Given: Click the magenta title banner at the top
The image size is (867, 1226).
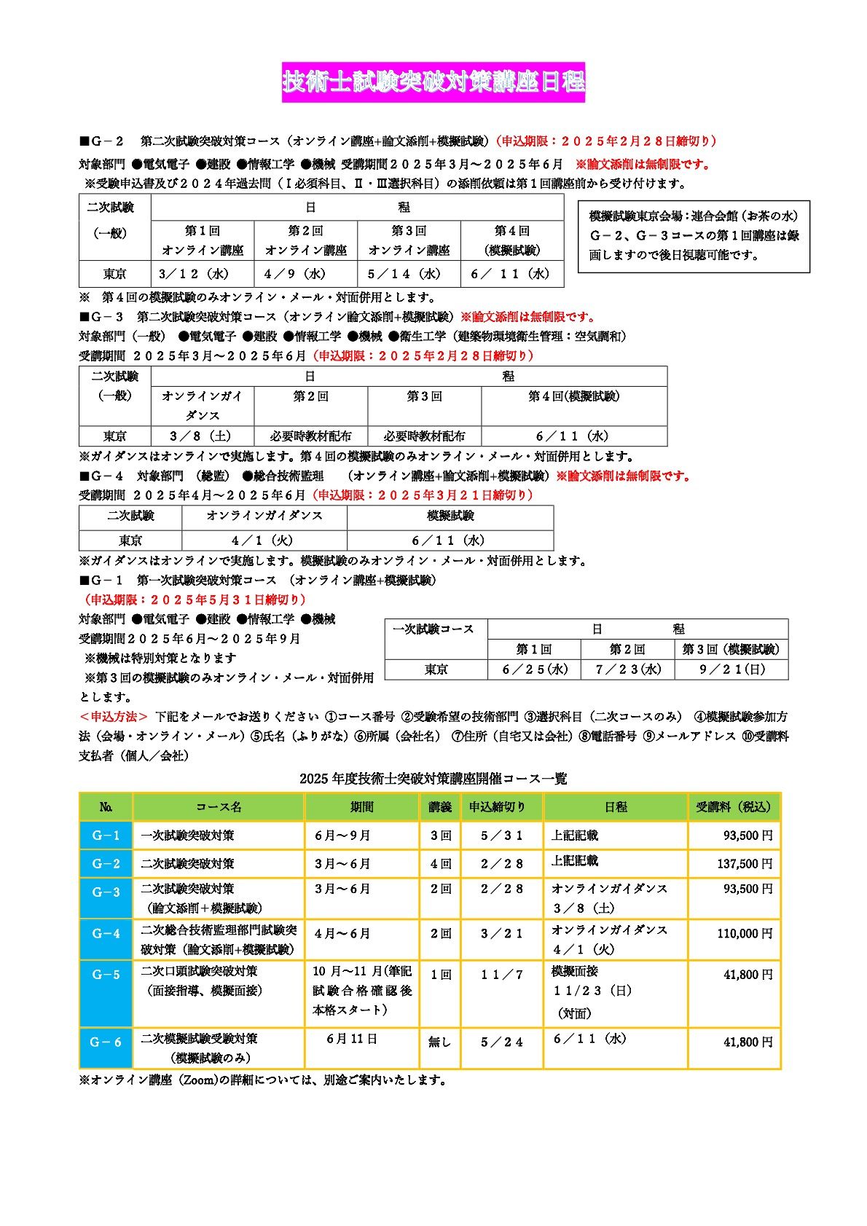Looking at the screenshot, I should click(433, 82).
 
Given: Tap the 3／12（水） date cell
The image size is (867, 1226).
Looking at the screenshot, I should click(195, 274).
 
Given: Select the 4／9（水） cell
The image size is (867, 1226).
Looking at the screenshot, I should click(305, 274).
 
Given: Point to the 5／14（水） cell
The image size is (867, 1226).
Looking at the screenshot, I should click(409, 274).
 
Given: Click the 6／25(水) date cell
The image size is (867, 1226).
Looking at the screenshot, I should click(534, 669).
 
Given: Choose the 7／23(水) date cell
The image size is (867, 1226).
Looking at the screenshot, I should click(627, 669).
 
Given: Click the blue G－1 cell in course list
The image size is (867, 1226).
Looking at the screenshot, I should click(106, 835).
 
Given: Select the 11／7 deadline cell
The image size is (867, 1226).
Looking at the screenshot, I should click(501, 974).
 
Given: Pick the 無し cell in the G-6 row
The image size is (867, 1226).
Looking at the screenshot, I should click(440, 1042).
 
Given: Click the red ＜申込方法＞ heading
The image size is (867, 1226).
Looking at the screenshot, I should click(114, 717).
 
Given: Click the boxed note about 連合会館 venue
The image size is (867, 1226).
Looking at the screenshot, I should click(694, 236).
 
